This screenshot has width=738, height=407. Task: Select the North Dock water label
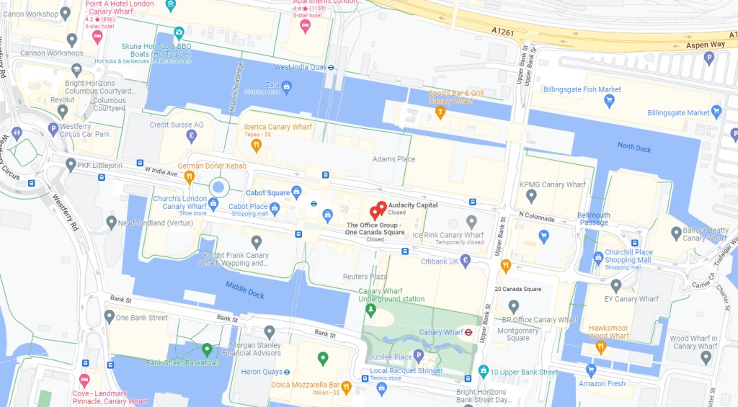click(x=634, y=146)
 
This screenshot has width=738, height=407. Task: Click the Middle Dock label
click(x=246, y=292)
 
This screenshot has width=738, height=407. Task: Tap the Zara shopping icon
click(x=287, y=88)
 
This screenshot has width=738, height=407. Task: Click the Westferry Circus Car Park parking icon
click(x=53, y=129)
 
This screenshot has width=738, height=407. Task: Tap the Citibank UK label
click(x=440, y=261)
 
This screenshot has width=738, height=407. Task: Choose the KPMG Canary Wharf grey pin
click(x=531, y=195)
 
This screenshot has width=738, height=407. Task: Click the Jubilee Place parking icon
click(x=418, y=356)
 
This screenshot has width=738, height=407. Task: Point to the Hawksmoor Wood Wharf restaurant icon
click(x=600, y=348)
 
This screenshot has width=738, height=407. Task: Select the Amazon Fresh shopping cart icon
click(x=592, y=370)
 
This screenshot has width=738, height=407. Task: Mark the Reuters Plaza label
click(x=365, y=277)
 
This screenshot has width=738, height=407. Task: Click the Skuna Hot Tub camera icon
click(x=179, y=32)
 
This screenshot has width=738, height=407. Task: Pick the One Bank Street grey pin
click(x=109, y=316)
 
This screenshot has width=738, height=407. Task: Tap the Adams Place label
click(x=394, y=159)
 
